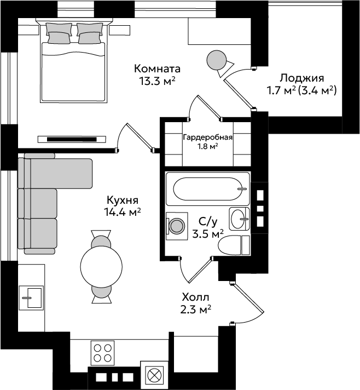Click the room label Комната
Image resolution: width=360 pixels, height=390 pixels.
[157, 68]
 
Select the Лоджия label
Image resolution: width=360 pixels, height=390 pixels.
[302, 78]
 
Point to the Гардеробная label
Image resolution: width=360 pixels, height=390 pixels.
[208, 137]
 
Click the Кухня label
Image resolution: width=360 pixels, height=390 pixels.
[123, 200]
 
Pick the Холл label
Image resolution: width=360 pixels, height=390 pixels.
[195, 297]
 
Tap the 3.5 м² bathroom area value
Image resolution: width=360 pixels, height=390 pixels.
[208, 234]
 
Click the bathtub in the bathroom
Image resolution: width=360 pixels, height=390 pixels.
[207, 189]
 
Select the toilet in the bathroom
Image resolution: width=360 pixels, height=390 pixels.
[234, 245]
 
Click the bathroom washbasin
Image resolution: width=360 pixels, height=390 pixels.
[239, 219]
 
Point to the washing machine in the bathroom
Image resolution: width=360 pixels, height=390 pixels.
[177, 226]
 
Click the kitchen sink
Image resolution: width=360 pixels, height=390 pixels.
[31, 298]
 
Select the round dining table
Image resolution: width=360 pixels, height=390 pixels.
[101, 266]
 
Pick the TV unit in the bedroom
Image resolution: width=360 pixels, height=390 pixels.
[72, 139]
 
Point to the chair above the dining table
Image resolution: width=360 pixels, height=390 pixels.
[101, 239]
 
